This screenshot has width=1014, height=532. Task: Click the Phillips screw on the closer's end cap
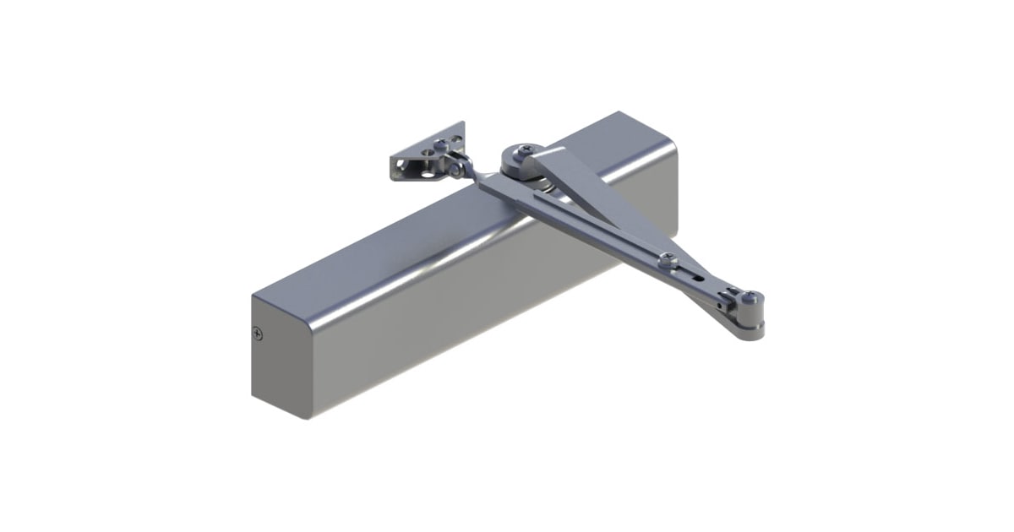[258, 334]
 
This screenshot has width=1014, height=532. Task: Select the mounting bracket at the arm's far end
[428, 157]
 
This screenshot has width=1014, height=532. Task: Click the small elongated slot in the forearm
[698, 276]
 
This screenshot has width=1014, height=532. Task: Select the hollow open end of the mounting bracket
[398, 167]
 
